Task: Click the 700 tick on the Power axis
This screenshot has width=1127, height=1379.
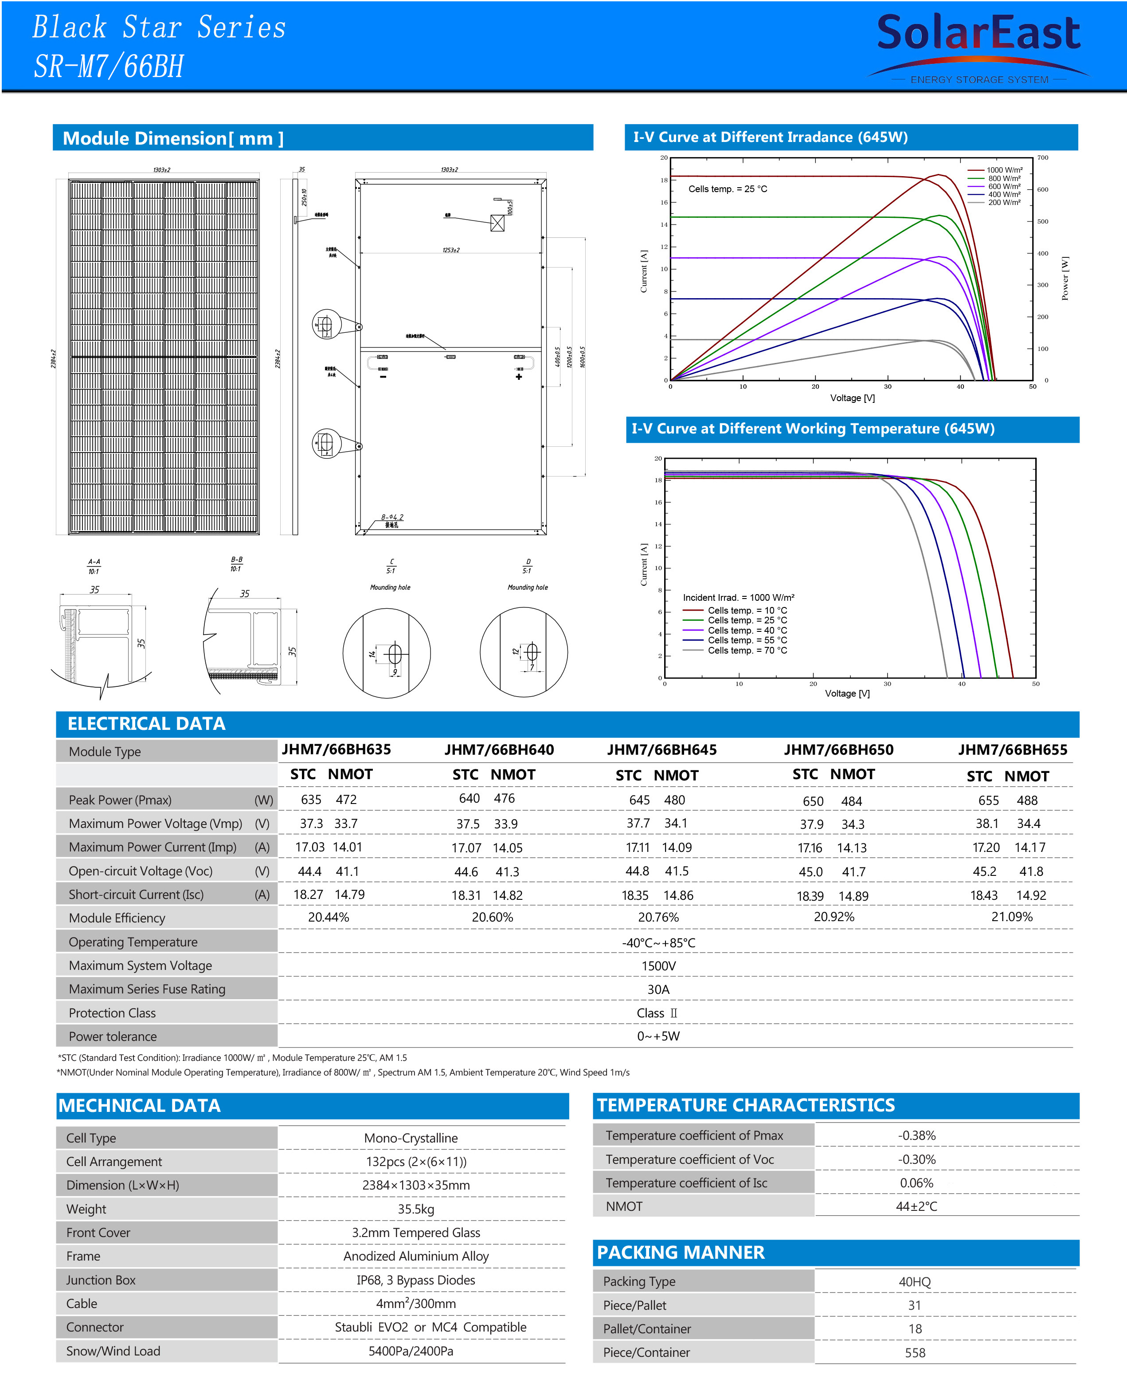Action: (1043, 158)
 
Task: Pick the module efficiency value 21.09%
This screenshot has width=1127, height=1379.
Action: (1011, 917)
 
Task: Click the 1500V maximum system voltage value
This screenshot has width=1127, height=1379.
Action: (658, 966)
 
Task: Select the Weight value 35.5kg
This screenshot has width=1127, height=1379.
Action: (416, 1209)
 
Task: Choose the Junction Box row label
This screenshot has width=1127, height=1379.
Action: (101, 1280)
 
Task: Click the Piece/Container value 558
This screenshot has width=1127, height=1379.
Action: (915, 1352)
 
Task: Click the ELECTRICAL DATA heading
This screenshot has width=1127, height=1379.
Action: (147, 724)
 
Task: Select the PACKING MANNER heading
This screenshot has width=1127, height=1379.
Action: (681, 1253)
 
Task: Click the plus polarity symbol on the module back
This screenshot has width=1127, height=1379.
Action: (519, 377)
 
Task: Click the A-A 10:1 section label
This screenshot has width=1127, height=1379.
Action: (94, 567)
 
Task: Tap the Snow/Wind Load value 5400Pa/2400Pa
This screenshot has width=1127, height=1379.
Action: (411, 1351)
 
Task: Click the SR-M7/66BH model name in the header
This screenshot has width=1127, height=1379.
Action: (109, 66)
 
